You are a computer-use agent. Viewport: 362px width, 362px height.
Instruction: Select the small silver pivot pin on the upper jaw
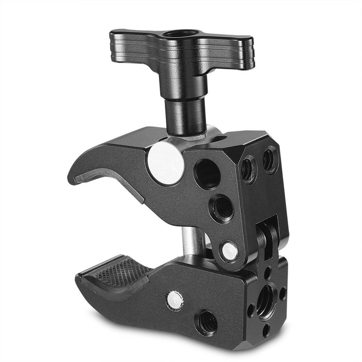(x=229, y=251)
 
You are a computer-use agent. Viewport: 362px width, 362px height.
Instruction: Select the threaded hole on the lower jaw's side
(x=206, y=321)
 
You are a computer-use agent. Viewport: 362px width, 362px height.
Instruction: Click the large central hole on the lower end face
(x=266, y=299)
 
